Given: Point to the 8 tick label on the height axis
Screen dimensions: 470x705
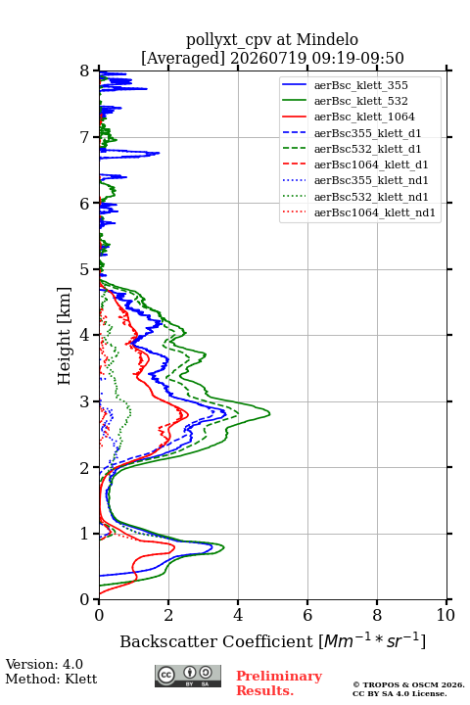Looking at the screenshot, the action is tap(85, 71).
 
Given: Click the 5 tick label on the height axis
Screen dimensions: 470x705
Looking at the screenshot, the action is tap(85, 270).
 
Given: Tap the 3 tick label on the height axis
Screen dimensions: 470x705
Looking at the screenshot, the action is tap(85, 401).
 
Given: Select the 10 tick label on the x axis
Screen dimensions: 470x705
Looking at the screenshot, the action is tap(446, 615).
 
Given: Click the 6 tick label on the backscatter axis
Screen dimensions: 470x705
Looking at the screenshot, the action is tap(307, 615).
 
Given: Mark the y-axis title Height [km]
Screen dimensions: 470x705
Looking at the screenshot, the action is tap(64, 336).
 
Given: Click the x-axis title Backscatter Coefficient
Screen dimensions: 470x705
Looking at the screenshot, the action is tap(215, 641).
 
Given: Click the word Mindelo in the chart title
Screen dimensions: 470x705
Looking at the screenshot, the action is tap(327, 39).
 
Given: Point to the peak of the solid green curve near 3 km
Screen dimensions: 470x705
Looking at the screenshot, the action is tap(269, 413).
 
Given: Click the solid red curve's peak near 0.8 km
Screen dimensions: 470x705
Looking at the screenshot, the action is tap(174, 547).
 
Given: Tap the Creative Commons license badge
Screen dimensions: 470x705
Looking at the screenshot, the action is tap(188, 677).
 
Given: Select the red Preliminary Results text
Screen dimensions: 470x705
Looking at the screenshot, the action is tap(279, 683).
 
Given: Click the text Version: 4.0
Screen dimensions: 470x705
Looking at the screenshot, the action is tap(44, 664).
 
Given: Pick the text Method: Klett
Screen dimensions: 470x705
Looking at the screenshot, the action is tap(51, 679).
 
